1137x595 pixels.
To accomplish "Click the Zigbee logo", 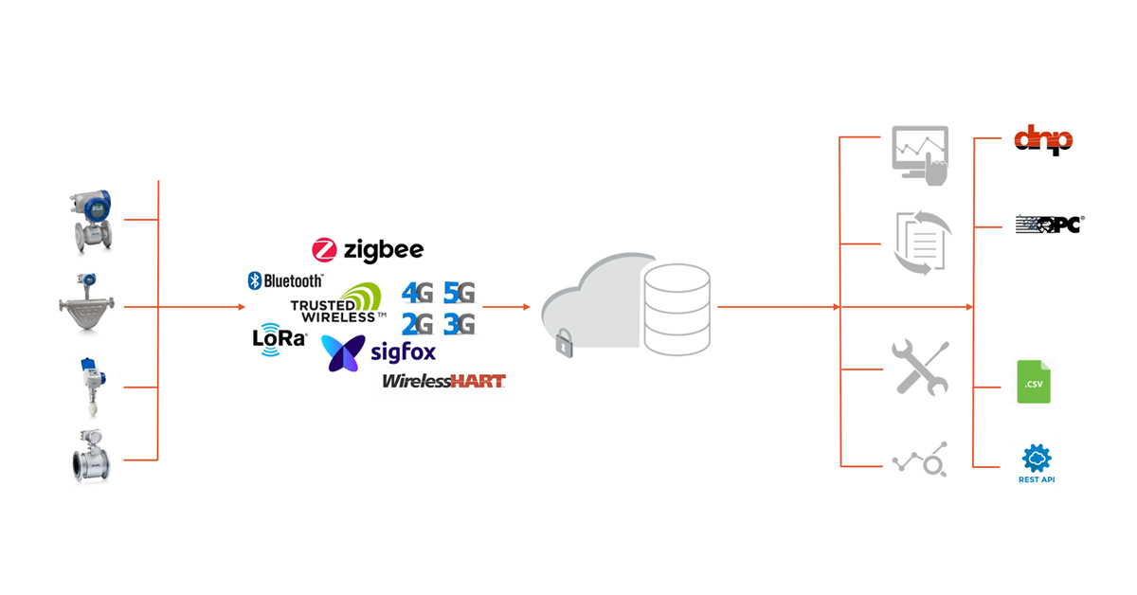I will point(368,250).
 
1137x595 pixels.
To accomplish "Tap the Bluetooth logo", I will point(285,280).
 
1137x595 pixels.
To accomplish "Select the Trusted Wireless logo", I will point(339,305).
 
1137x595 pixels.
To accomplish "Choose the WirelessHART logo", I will point(443,381).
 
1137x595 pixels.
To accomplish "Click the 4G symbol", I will point(418,293).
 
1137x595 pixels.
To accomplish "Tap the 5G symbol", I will point(459,293).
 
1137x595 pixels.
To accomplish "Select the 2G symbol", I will point(418,325).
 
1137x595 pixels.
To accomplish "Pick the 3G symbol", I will point(459,325).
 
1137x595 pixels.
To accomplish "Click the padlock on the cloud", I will point(565,343).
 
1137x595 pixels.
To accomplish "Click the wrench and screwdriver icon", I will point(920,368).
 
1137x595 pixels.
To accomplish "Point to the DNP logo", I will point(1042,140).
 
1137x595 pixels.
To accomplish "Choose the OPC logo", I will point(1049,225).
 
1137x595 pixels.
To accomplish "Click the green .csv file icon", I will point(1034,382).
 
